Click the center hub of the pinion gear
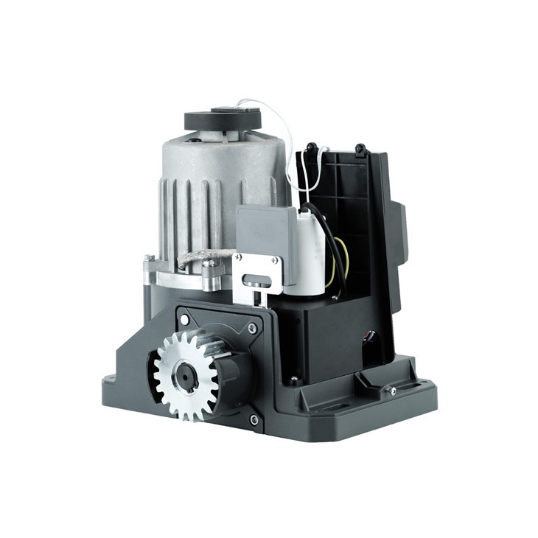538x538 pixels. click(x=184, y=376)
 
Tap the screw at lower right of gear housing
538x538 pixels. click(x=254, y=419)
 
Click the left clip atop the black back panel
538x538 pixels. click(x=312, y=147)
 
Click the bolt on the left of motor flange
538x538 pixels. click(x=149, y=259)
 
